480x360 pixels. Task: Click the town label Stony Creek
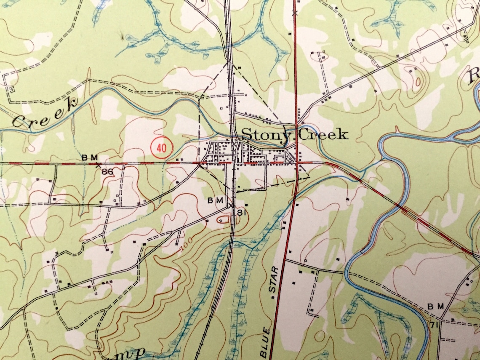point(294,135)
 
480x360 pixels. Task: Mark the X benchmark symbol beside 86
point(99,165)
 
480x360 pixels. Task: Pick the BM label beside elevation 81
point(215,200)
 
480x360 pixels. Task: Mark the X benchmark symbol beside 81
point(232,205)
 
